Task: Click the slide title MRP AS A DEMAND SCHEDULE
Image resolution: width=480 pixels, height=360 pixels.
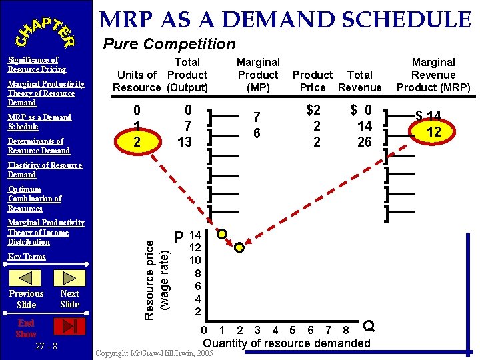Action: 286,19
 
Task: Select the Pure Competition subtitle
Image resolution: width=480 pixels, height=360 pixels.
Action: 169,45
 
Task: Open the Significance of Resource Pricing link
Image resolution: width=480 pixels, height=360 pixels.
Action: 37,65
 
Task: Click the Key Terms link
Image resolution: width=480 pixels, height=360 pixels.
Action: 27,257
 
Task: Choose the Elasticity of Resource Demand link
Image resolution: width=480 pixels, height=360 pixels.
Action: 45,170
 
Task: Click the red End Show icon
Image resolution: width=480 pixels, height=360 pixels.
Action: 69,326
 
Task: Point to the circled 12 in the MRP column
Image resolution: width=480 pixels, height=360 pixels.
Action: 434,132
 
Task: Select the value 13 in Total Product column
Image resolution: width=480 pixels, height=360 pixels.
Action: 185,141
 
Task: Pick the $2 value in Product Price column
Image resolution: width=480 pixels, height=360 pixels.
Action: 313,110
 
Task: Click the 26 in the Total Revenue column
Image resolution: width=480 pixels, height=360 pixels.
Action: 364,141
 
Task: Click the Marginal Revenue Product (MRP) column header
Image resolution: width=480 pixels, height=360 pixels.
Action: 433,75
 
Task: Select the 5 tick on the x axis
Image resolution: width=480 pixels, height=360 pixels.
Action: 291,329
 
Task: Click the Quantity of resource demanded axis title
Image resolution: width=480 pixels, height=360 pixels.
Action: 286,343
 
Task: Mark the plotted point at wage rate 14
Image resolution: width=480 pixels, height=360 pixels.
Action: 222,234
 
